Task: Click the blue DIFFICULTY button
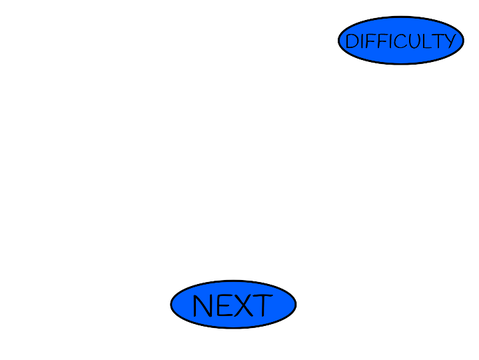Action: pyautogui.click(x=401, y=40)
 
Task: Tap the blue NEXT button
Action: pyautogui.click(x=233, y=305)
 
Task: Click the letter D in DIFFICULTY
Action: pyautogui.click(x=352, y=42)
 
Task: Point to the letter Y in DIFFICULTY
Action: pyautogui.click(x=449, y=42)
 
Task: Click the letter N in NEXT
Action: pyautogui.click(x=202, y=306)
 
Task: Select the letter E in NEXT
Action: pyautogui.click(x=223, y=306)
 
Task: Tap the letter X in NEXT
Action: pyautogui.click(x=244, y=306)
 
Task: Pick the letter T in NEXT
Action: pyautogui.click(x=264, y=306)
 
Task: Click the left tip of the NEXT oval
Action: pyautogui.click(x=170, y=305)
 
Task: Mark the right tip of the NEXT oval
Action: pyautogui.click(x=296, y=305)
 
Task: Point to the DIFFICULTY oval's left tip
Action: pyautogui.click(x=338, y=40)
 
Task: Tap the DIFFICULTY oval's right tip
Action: pyautogui.click(x=464, y=40)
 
